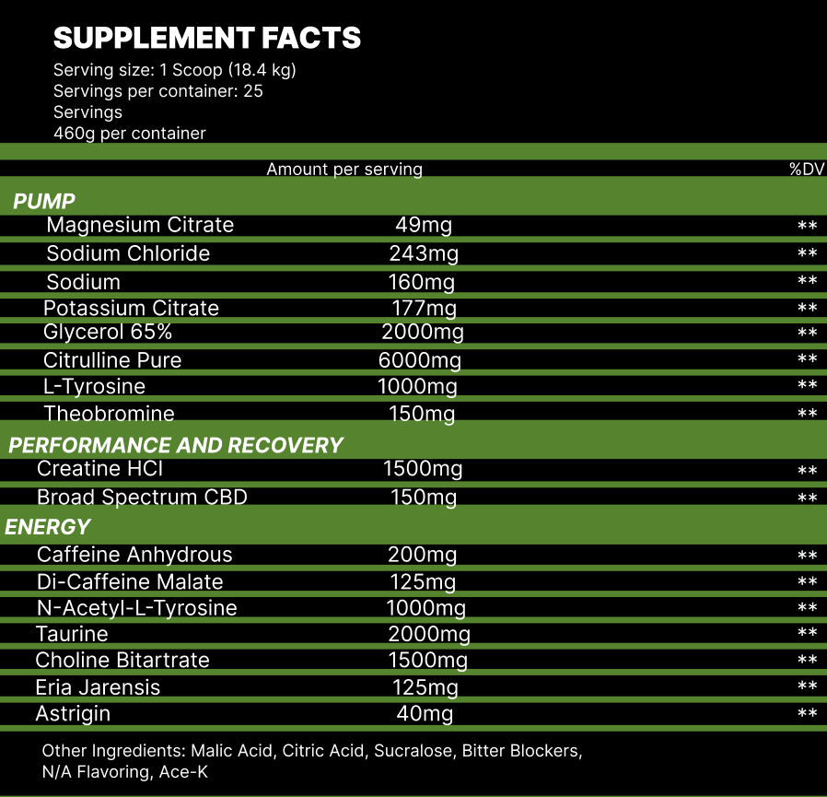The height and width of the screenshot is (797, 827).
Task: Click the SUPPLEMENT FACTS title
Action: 207,38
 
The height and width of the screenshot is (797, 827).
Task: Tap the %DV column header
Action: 806,169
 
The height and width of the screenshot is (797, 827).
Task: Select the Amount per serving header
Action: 344,169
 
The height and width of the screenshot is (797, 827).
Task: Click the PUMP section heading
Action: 44,201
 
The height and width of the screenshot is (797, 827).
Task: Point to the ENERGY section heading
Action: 48,527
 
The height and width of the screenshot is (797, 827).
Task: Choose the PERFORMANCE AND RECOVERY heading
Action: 176,445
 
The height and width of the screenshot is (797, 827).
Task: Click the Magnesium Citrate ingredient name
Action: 140,225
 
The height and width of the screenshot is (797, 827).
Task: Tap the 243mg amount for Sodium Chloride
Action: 423,253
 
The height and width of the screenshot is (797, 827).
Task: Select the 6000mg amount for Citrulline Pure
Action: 420,360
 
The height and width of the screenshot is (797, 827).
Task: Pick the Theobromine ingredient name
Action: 109,414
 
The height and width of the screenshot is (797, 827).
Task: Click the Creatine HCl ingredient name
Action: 99,469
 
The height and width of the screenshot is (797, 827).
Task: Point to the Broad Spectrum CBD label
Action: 142,498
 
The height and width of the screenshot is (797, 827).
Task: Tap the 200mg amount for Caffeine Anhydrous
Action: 422,555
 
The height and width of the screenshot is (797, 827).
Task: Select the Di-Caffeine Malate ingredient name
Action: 130,581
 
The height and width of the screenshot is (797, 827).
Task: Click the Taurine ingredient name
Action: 72,634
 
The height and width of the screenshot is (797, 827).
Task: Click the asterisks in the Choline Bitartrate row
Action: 807,661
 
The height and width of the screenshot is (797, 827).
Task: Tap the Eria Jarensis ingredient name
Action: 98,687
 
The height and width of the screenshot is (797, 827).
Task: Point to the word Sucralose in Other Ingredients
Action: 413,751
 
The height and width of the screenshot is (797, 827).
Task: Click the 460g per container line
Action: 130,133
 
